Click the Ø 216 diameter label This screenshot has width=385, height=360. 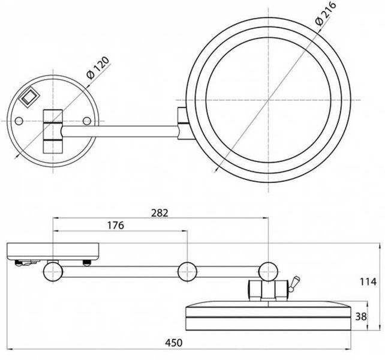[x=326, y=14]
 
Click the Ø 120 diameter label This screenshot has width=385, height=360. [x=98, y=68]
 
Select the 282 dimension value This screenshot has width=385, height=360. [x=160, y=213]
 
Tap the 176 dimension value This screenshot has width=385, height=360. [x=116, y=225]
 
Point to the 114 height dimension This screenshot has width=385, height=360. [x=368, y=281]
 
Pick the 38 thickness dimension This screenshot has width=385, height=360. [x=361, y=317]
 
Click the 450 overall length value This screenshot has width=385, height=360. [x=173, y=343]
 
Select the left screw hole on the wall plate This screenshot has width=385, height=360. [x=19, y=121]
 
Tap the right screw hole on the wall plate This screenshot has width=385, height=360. [x=87, y=121]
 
